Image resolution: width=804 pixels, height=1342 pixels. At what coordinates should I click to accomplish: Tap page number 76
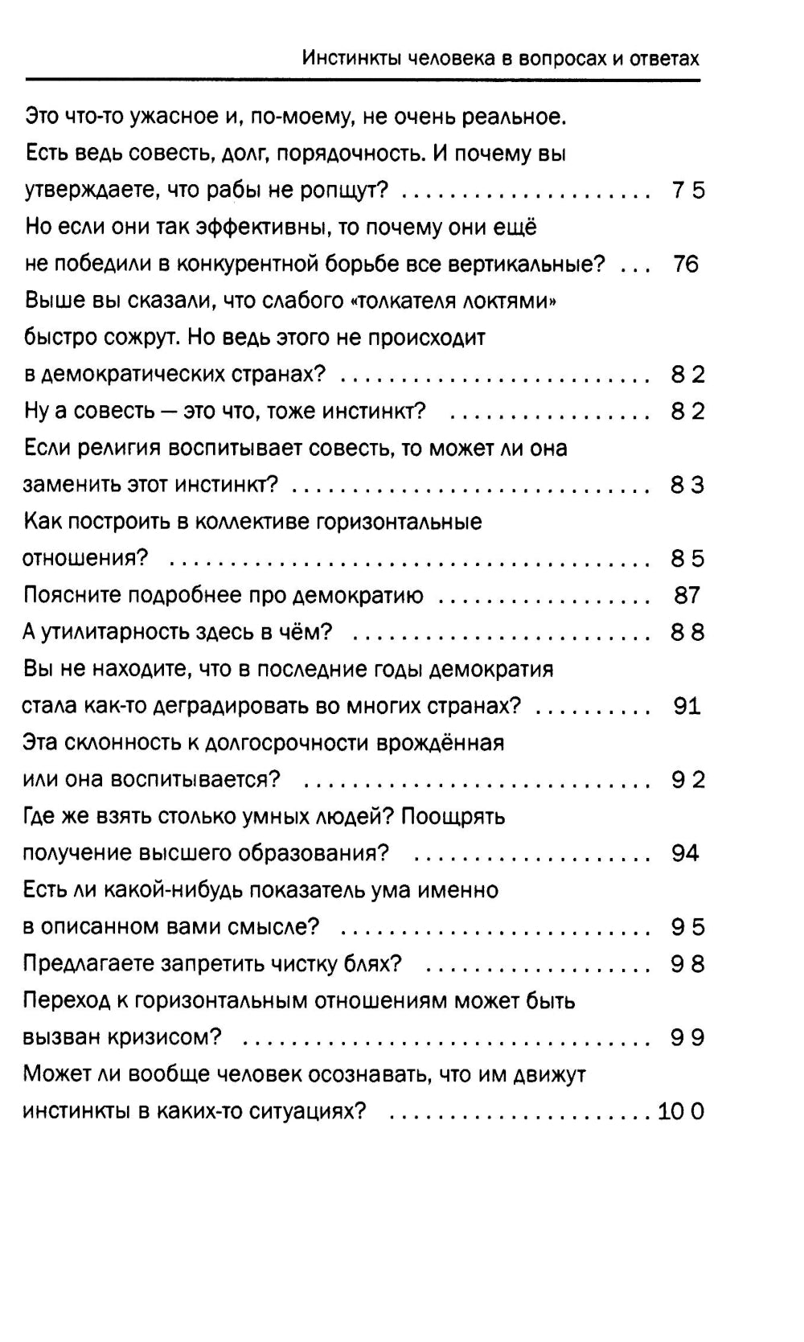(686, 264)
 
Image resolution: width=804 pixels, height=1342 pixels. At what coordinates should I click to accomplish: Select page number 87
(687, 595)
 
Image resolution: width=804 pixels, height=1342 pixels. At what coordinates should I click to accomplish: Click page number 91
(687, 706)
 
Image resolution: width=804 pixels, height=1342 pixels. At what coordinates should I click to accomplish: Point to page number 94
(685, 853)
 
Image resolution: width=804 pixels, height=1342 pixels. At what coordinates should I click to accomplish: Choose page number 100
(681, 1111)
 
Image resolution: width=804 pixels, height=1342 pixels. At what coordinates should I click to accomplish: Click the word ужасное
(168, 117)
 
